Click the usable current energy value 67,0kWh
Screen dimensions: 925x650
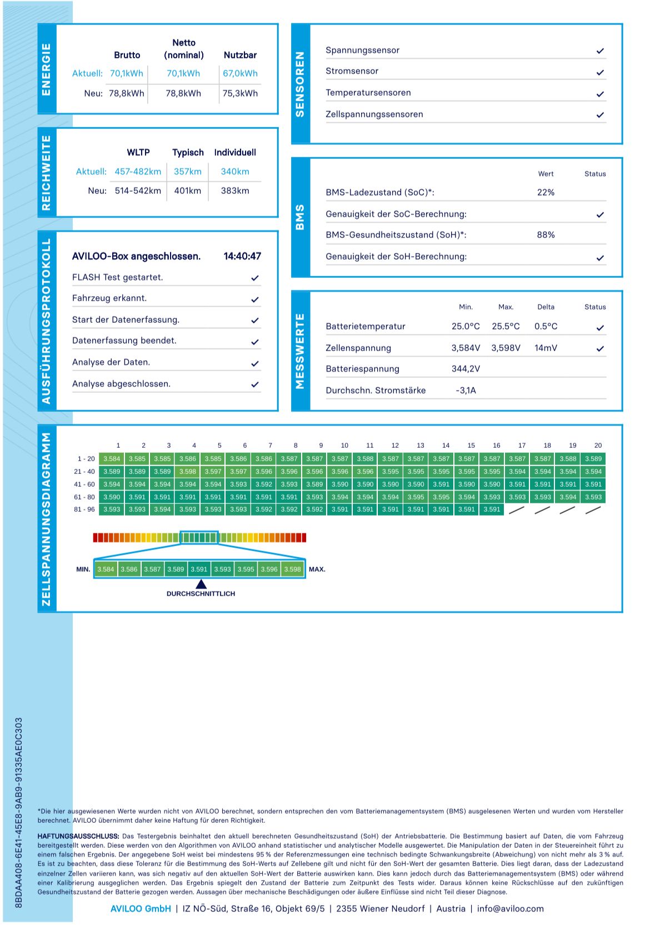click(x=240, y=73)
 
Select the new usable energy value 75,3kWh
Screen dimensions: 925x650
click(x=240, y=93)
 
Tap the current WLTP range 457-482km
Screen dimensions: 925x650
click(x=138, y=172)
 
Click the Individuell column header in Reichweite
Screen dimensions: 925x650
click(x=235, y=152)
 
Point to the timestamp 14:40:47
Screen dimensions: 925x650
click(x=242, y=256)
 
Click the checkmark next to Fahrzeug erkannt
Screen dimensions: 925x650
click(x=255, y=299)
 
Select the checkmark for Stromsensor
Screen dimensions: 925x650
click(x=600, y=72)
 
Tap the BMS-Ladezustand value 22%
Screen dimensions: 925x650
click(x=546, y=192)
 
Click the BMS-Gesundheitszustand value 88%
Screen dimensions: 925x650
click(x=546, y=235)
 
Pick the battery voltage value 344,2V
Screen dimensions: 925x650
click(x=466, y=369)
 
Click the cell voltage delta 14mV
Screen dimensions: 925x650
click(x=546, y=348)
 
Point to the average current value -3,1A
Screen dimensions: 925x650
click(x=466, y=391)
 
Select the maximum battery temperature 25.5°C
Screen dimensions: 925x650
click(x=506, y=326)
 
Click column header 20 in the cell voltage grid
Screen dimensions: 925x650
click(x=598, y=446)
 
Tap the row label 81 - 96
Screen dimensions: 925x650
click(x=84, y=509)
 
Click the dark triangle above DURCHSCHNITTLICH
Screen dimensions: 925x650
click(x=201, y=584)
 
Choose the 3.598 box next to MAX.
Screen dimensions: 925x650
click(x=293, y=569)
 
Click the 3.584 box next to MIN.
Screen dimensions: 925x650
click(x=106, y=569)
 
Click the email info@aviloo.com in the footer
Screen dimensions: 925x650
click(x=510, y=909)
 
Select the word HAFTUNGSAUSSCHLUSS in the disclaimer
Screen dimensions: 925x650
click(x=78, y=836)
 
